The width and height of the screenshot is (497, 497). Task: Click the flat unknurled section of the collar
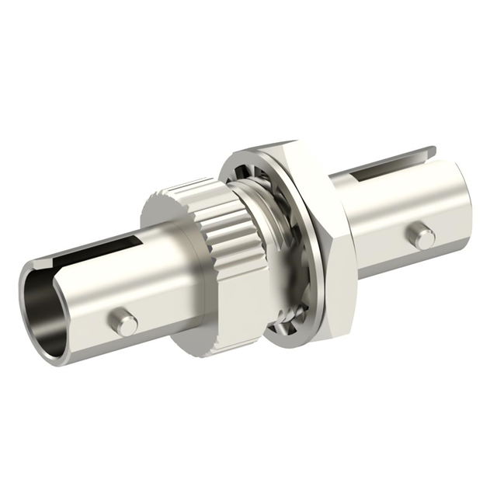[217, 311]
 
